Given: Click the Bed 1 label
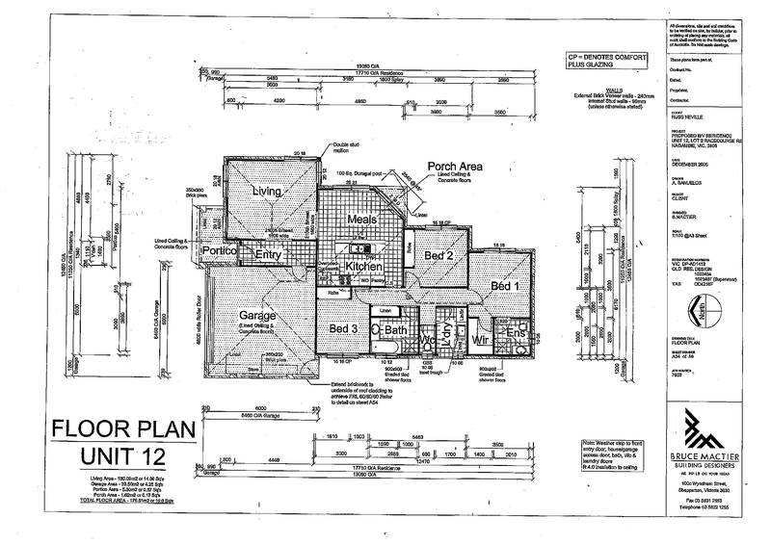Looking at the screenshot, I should (x=505, y=286).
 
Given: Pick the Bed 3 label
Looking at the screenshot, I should (x=345, y=330).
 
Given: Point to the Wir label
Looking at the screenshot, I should (x=483, y=339).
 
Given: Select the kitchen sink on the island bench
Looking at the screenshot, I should (x=361, y=252).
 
